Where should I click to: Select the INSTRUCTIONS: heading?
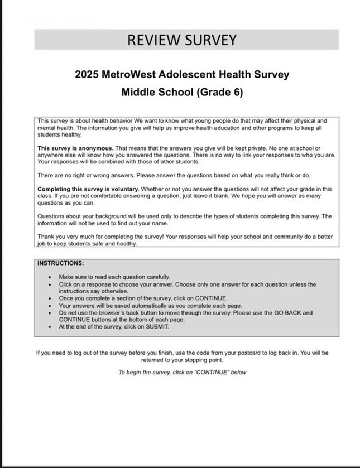pyautogui.click(x=60, y=263)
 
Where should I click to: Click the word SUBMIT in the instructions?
pyautogui.click(x=158, y=327)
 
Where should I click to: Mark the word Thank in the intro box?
pyautogui.click(x=45, y=237)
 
